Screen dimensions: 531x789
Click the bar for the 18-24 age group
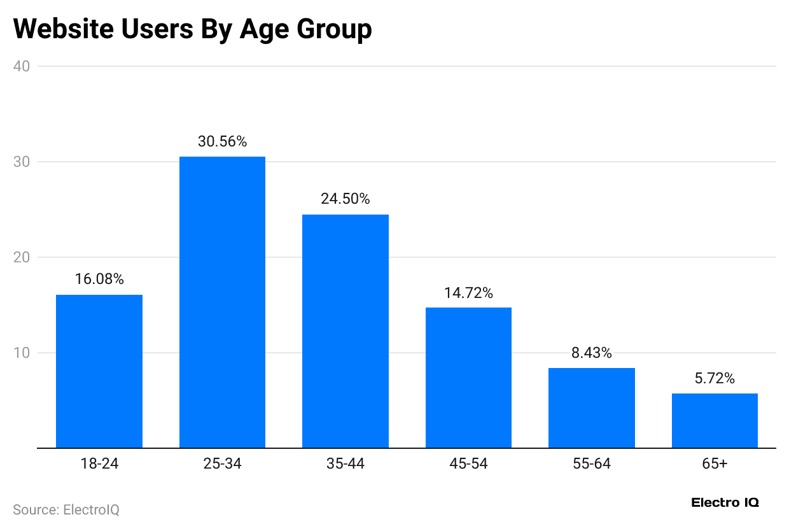pos(99,371)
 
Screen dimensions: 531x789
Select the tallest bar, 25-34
pos(222,302)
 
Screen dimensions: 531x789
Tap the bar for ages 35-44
pos(346,331)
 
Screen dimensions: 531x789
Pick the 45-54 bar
pos(468,378)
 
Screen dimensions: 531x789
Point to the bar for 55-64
pos(592,407)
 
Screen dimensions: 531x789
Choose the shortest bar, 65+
pos(715,420)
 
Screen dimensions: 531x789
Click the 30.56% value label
pos(222,142)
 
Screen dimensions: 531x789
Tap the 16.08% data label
pos(99,280)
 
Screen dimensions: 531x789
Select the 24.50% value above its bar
pos(346,199)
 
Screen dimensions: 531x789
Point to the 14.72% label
pos(468,293)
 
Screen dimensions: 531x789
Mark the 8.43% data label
pos(592,353)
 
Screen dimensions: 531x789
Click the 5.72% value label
pos(715,379)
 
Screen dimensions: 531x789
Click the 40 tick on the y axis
pos(21,66)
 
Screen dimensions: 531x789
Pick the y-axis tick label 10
pos(21,353)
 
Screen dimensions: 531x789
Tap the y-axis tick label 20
pos(21,257)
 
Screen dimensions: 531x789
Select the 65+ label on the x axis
pos(715,464)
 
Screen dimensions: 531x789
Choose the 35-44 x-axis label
pos(346,464)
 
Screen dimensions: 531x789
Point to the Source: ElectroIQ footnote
pos(66,510)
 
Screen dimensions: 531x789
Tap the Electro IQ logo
pos(725,503)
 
